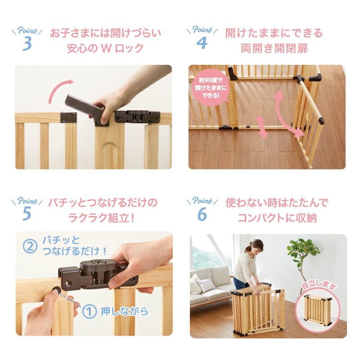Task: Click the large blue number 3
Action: coord(27,44)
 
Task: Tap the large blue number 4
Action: coord(202,43)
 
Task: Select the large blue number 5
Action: coord(27,213)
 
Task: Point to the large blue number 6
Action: coord(202,214)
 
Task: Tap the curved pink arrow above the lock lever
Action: coord(58,88)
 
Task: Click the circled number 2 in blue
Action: coord(30,246)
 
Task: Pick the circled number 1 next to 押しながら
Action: coord(89,311)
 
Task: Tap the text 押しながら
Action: coord(125,311)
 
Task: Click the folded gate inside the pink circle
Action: coord(318,310)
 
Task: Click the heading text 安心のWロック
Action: coord(105,49)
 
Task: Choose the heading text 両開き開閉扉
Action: coord(274,49)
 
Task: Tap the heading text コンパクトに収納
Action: coord(277,218)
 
